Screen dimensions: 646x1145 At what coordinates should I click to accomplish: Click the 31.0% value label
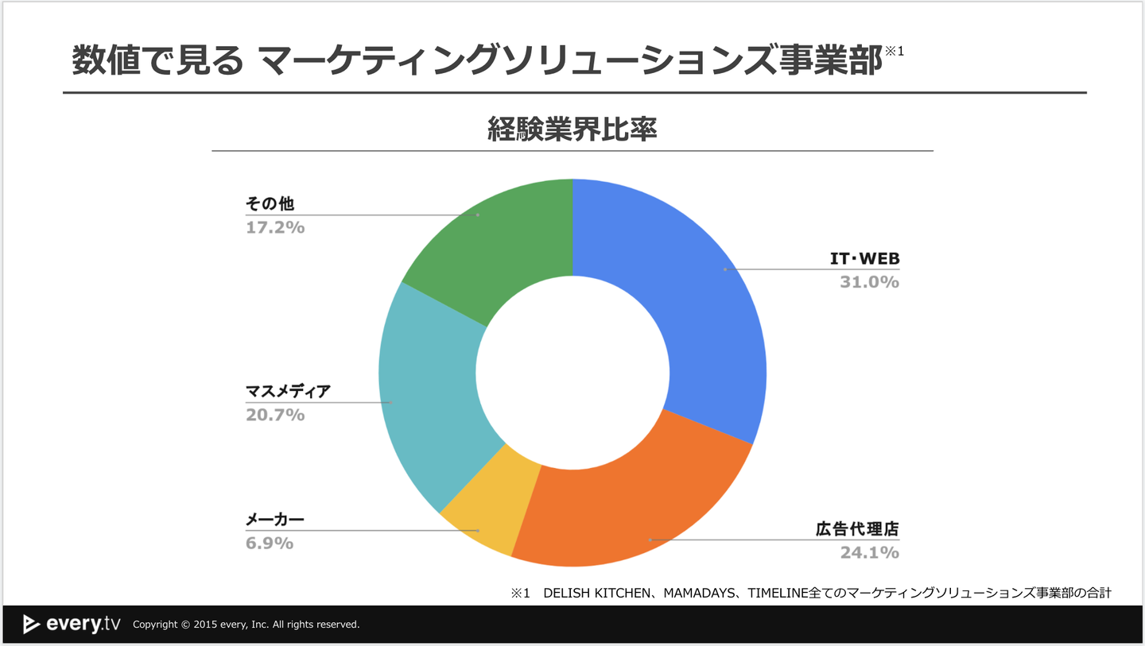pos(869,282)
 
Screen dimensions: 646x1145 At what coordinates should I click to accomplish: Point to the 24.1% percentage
pos(869,552)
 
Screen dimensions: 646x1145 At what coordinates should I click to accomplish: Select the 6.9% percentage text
pos(270,543)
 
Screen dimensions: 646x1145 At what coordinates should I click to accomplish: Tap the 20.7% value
pos(275,415)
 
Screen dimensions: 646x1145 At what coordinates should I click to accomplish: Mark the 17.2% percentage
pos(275,228)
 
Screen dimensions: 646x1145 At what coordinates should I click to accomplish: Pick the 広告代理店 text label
pos(857,529)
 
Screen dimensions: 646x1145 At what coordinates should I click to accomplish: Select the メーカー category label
pos(275,520)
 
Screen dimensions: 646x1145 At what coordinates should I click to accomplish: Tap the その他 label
pos(270,205)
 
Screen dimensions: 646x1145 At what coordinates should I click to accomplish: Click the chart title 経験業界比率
pos(572,130)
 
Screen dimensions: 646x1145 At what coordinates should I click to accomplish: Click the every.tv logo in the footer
pos(72,624)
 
